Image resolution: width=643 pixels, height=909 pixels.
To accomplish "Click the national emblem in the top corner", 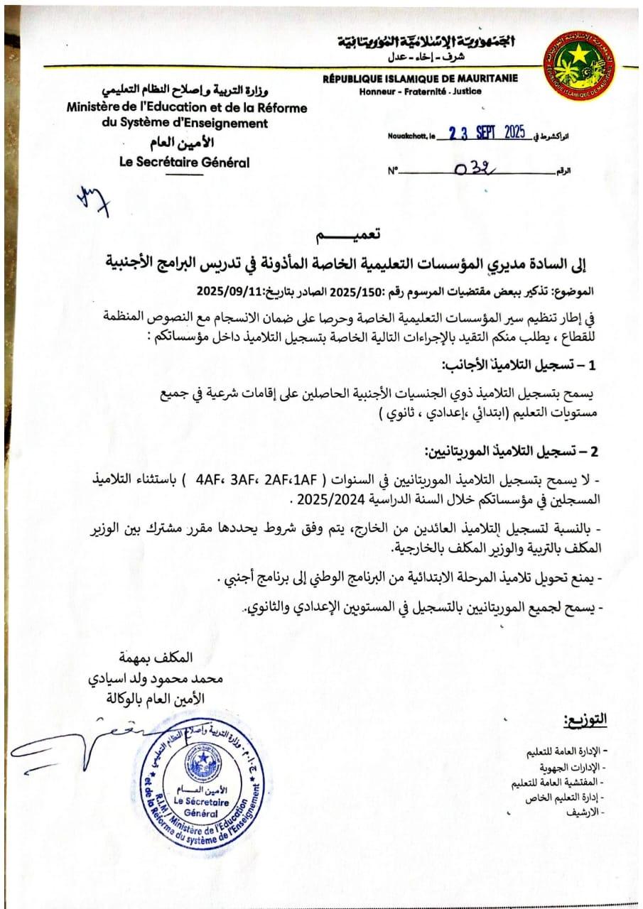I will pyautogui.click(x=578, y=60).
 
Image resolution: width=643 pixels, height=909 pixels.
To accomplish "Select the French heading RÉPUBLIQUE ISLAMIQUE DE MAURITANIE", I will pyautogui.click(x=421, y=79).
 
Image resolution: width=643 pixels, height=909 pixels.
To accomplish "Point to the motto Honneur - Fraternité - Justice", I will pyautogui.click(x=421, y=91).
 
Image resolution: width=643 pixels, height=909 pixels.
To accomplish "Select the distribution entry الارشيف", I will pyautogui.click(x=583, y=810).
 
